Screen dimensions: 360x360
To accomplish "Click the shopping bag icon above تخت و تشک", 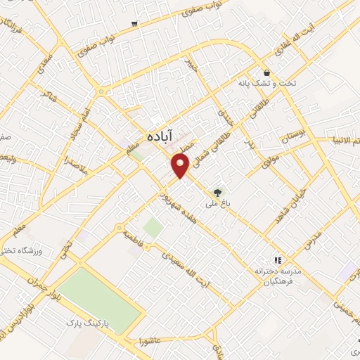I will click(267, 72).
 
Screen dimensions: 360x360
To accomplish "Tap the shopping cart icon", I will click(134, 24).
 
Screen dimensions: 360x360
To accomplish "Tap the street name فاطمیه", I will click(134, 233).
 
